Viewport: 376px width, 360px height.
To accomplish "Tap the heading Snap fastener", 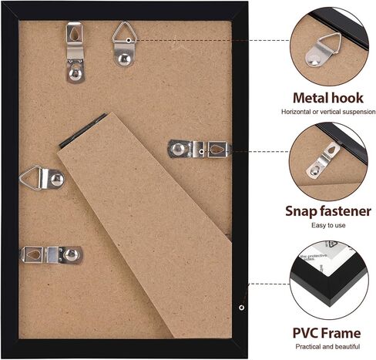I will click(x=327, y=210).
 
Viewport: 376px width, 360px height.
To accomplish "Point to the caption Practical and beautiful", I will click(x=327, y=348).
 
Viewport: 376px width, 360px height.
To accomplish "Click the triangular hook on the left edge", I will click(x=41, y=178).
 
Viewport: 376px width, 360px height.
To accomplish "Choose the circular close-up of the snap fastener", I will click(x=327, y=162).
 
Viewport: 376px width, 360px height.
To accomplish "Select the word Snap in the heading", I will click(x=301, y=210).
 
